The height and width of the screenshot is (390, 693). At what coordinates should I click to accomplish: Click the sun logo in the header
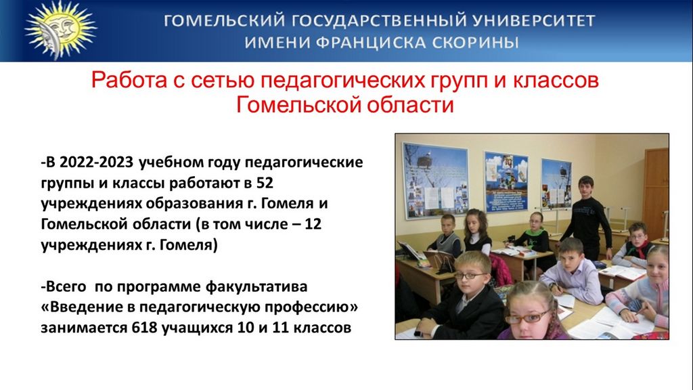60,29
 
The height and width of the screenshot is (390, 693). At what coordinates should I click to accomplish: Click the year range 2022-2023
96,162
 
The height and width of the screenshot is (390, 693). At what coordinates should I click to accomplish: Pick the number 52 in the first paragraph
265,183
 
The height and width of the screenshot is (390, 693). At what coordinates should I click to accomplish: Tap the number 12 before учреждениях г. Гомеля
313,223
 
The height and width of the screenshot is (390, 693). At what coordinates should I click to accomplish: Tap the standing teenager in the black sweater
587,217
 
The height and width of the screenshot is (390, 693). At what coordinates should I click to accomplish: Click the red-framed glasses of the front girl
528,316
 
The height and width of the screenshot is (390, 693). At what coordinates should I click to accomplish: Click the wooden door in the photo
656,193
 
